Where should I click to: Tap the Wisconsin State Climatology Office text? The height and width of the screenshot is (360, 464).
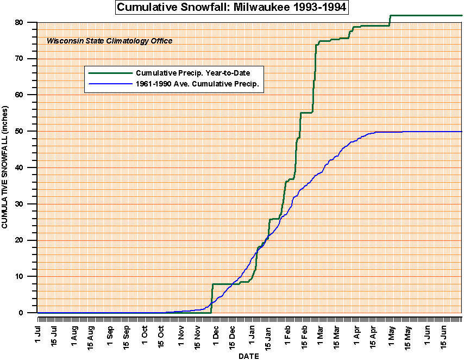109,41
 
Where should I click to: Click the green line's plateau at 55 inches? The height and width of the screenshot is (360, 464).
306,113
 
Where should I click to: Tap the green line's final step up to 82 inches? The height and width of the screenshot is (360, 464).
390,20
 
